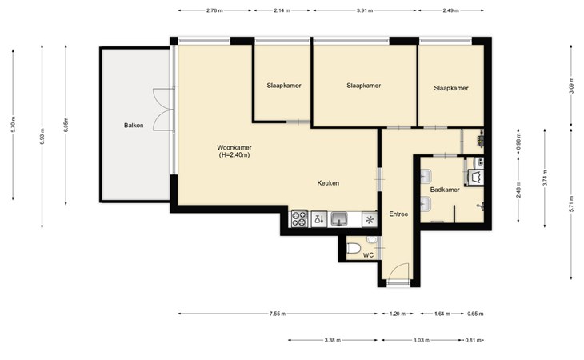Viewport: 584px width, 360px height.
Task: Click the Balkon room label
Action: (134, 126)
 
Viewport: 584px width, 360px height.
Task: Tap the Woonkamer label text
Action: (234, 147)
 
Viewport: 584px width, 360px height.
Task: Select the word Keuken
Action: (328, 182)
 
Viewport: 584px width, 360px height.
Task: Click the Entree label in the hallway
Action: (398, 214)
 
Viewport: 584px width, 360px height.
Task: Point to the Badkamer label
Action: (445, 190)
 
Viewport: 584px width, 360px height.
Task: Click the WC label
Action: (368, 255)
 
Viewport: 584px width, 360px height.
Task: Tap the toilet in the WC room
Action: (353, 247)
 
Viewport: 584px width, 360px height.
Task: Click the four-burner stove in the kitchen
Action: (299, 218)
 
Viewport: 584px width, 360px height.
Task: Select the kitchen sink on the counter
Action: (339, 218)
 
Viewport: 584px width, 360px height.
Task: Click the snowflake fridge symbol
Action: (370, 219)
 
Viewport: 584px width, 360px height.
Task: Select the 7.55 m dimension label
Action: (278, 314)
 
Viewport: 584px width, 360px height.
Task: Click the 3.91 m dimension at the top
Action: (365, 10)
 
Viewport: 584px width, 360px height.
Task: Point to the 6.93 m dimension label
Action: (42, 136)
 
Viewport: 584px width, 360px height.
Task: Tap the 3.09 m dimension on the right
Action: (571, 86)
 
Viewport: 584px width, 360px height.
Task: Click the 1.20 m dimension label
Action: (397, 314)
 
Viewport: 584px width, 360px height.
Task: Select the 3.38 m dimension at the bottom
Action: (332, 340)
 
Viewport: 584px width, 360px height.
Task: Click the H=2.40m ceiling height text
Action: (234, 155)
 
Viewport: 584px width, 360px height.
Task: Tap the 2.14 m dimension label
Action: (282, 10)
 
